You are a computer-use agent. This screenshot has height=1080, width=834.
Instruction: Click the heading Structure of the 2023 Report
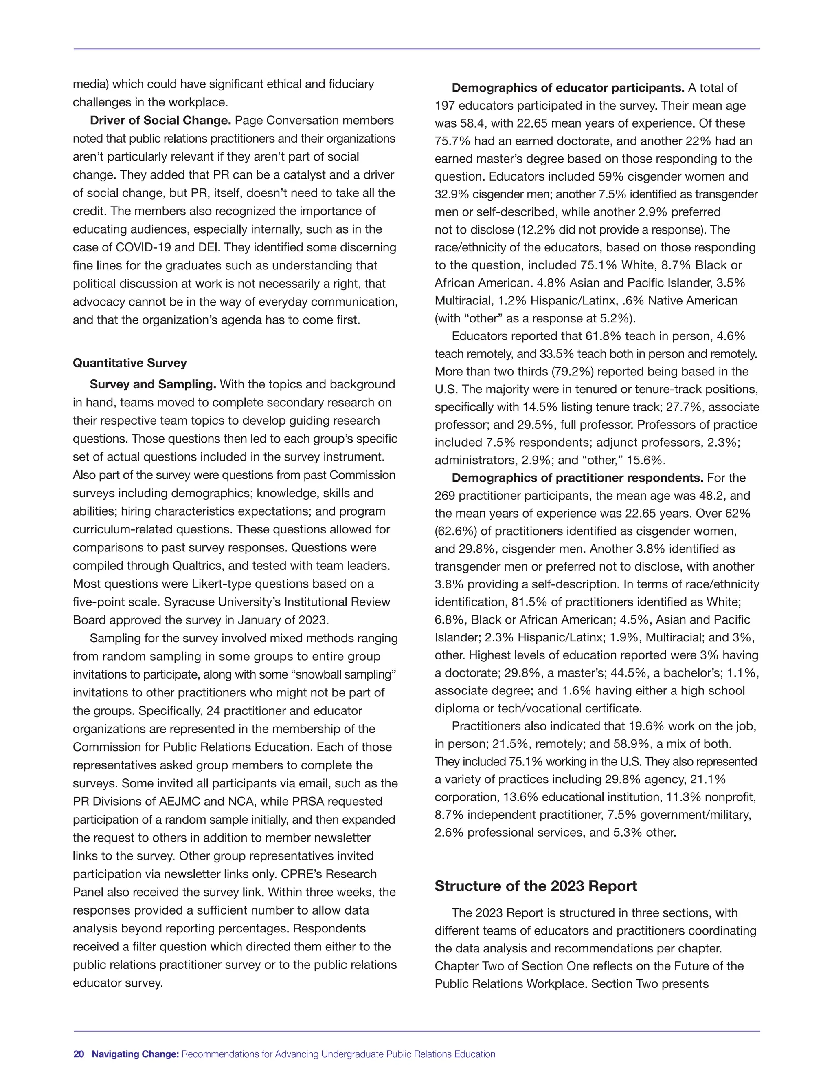tap(536, 886)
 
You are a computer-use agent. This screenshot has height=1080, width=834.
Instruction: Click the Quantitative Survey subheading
tap(129, 363)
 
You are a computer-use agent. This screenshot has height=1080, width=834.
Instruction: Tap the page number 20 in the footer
tap(79, 1054)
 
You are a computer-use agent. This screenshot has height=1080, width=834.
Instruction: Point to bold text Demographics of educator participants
tap(568, 88)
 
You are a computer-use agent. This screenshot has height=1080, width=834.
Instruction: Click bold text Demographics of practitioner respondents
tap(577, 478)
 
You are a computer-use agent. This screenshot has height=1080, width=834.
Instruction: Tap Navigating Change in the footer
tap(135, 1054)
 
